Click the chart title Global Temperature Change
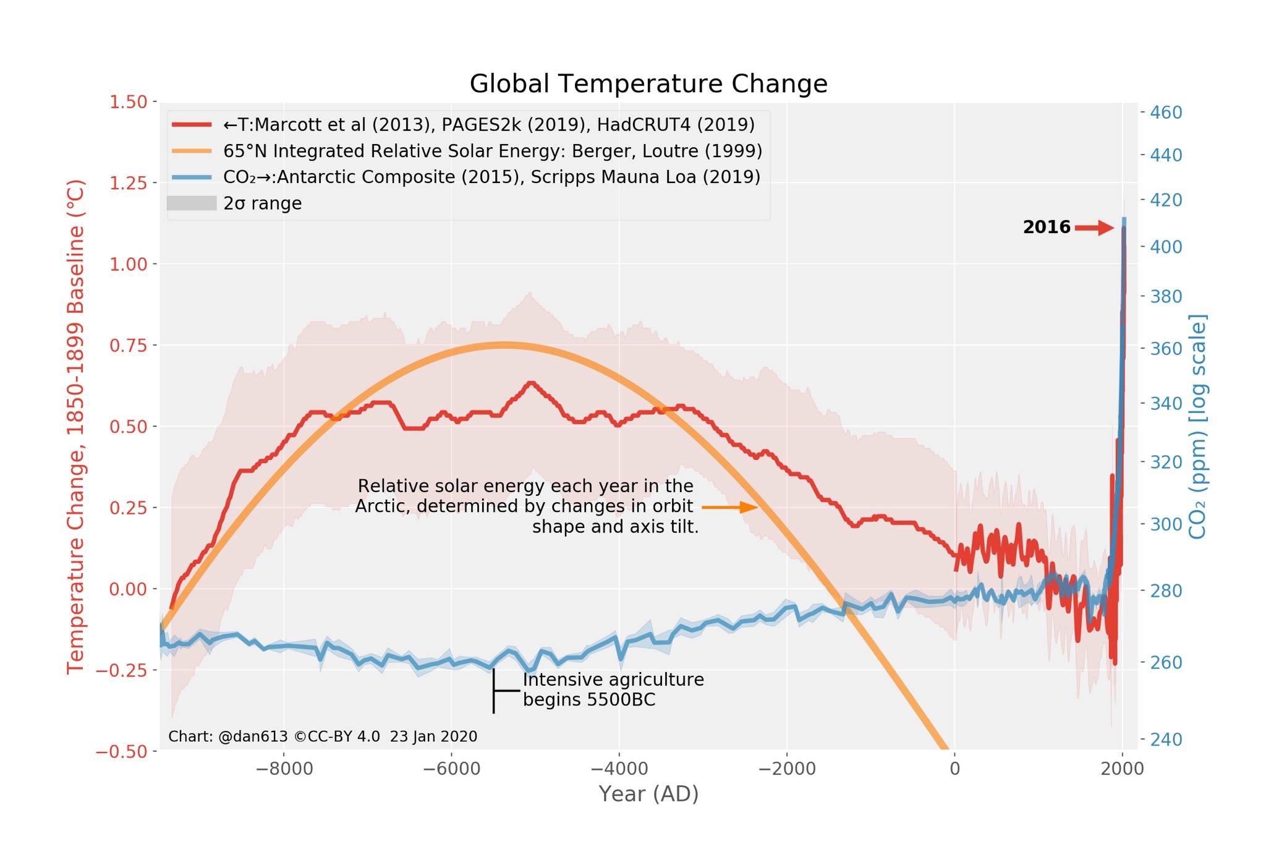[648, 84]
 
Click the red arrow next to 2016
[1094, 228]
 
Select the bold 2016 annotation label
[1046, 228]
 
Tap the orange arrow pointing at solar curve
[729, 508]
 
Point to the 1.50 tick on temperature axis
[128, 102]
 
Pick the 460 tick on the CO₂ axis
[1166, 113]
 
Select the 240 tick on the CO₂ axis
[1166, 740]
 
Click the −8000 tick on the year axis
[284, 769]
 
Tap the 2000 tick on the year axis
[1123, 769]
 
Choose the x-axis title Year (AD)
[648, 794]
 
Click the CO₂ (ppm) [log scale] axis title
[1197, 427]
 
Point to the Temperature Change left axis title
[75, 427]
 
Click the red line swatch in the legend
[192, 125]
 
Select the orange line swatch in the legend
[192, 151]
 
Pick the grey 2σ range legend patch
[192, 203]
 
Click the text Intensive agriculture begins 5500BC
[613, 689]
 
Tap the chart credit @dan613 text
[322, 737]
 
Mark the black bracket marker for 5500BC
[495, 691]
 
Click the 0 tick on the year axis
[954, 769]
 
